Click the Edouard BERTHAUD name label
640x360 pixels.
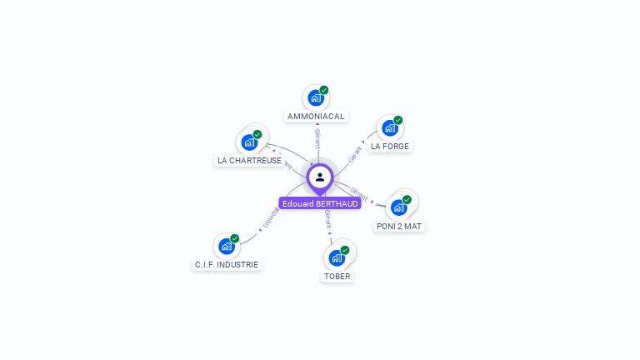pyautogui.click(x=320, y=204)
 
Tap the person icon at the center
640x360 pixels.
pyautogui.click(x=320, y=177)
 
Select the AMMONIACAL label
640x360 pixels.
pyautogui.click(x=316, y=117)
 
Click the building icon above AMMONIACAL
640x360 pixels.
pyautogui.click(x=315, y=98)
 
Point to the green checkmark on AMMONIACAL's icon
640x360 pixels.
pyautogui.click(x=324, y=90)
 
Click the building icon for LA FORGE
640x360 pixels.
pyautogui.click(x=389, y=128)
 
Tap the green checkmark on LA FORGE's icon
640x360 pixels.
pyautogui.click(x=398, y=120)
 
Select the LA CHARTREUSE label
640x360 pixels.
pyautogui.click(x=249, y=161)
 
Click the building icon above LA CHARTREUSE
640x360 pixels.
pyautogui.click(x=248, y=142)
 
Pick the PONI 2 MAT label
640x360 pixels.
pyautogui.click(x=399, y=226)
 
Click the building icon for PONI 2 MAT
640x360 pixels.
pyautogui.click(x=398, y=207)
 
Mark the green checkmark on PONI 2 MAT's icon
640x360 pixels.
pyautogui.click(x=407, y=199)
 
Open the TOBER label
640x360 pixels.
pyautogui.click(x=337, y=276)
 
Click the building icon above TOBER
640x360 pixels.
pyautogui.click(x=337, y=257)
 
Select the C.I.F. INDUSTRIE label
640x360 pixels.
pyautogui.click(x=227, y=265)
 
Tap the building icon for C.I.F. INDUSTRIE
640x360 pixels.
pyautogui.click(x=226, y=247)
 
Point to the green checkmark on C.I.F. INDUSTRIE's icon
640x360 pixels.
pyautogui.click(x=235, y=238)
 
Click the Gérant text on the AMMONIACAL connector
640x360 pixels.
pyautogui.click(x=317, y=138)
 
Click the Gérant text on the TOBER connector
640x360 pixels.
pyautogui.click(x=328, y=221)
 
